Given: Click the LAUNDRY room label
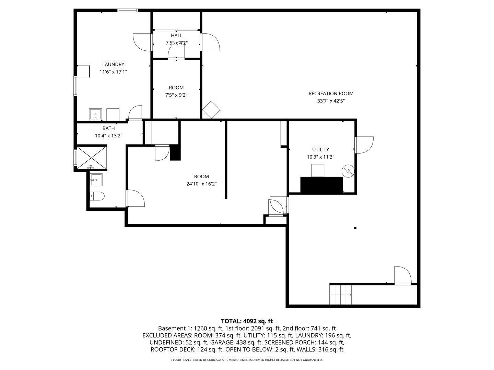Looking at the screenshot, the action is click(x=113, y=64).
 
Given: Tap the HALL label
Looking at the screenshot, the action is click(x=177, y=36).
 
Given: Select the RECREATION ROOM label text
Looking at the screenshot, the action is click(x=331, y=94).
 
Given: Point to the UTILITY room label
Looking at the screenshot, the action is click(x=320, y=149).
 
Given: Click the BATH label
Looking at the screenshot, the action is click(x=108, y=128).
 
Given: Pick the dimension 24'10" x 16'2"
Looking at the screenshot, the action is click(x=201, y=184).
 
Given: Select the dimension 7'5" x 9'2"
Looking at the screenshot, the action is click(x=176, y=95).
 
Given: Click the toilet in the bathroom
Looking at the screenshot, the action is click(x=97, y=196).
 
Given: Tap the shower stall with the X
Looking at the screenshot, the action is click(x=92, y=158).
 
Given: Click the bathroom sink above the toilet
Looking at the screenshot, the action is click(x=96, y=180).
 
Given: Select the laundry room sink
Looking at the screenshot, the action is click(x=95, y=114).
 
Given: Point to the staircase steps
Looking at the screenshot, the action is click(x=340, y=295).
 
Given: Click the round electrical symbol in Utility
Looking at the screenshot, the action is click(x=348, y=171).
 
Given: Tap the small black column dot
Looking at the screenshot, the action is click(x=355, y=228).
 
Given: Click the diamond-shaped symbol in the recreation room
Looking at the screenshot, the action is click(x=211, y=110).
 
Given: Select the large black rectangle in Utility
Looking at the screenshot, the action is click(x=321, y=185).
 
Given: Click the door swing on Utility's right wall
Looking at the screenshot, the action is click(x=364, y=145).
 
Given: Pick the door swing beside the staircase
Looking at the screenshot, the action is click(x=403, y=275).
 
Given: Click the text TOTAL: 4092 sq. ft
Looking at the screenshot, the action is click(x=247, y=321).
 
